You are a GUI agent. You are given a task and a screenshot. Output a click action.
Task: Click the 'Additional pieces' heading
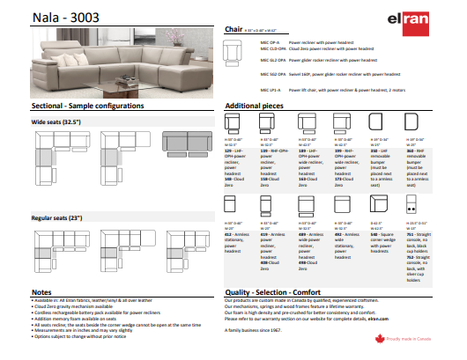coord(256,105)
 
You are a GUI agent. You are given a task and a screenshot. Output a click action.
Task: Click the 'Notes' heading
coord(41,291)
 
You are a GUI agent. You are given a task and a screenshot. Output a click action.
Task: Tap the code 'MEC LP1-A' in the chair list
coord(271,89)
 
